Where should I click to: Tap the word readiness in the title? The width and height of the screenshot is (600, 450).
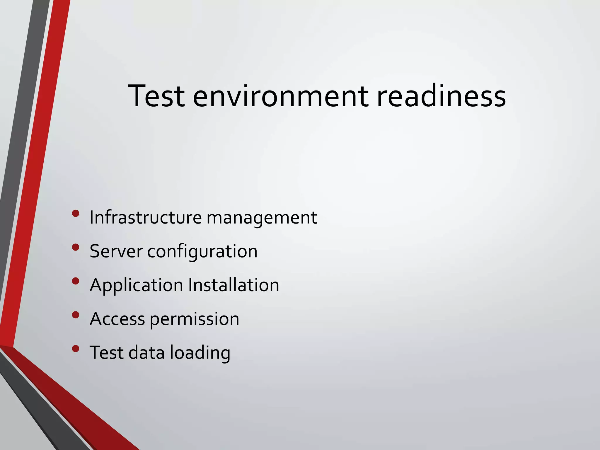click(x=441, y=96)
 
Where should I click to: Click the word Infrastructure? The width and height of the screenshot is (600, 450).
click(x=146, y=217)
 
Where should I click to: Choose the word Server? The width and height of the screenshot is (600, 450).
click(x=116, y=251)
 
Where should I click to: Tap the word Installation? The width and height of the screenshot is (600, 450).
click(x=233, y=285)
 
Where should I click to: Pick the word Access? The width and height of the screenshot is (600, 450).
click(x=117, y=319)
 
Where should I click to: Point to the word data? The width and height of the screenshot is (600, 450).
click(x=146, y=352)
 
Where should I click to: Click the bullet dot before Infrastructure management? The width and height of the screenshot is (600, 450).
click(x=76, y=214)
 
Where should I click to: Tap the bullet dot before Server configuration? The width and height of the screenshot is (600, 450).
click(x=76, y=247)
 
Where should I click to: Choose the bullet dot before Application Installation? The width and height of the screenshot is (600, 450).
click(x=76, y=281)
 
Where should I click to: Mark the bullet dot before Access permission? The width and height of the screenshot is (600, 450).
click(x=76, y=315)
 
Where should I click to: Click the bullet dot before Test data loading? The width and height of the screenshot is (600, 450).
click(x=76, y=349)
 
